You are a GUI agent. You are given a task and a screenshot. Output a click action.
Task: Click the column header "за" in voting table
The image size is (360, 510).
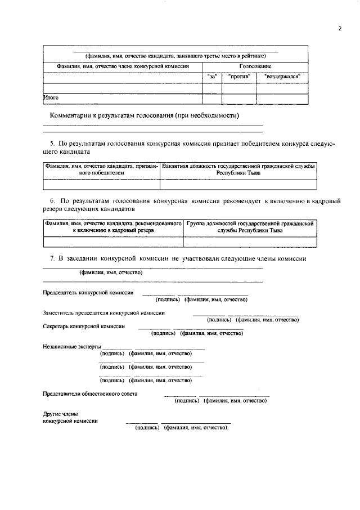pos(212,76)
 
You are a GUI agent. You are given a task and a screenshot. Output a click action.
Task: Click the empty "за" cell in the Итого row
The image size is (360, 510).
pos(212,98)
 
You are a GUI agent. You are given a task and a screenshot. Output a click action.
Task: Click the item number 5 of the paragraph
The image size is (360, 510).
pos(52,144)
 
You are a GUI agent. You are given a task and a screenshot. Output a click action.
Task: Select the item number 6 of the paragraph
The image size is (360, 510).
pos(52,201)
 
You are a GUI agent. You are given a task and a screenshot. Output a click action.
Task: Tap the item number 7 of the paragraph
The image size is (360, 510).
pos(52,258)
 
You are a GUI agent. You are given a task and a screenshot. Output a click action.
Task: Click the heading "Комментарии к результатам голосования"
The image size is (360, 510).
pos(145,115)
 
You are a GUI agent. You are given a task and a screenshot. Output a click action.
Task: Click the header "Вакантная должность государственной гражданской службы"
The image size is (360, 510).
pos(238,170)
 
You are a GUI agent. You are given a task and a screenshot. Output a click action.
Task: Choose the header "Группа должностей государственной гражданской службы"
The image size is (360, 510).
pos(249,227)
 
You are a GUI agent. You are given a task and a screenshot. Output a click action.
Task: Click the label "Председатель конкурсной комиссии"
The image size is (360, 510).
pos(88,293)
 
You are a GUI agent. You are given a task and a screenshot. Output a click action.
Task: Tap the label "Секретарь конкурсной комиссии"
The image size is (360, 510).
pos(84,326)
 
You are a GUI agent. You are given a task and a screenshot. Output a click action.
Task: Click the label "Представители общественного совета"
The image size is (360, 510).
pos(90,393)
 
